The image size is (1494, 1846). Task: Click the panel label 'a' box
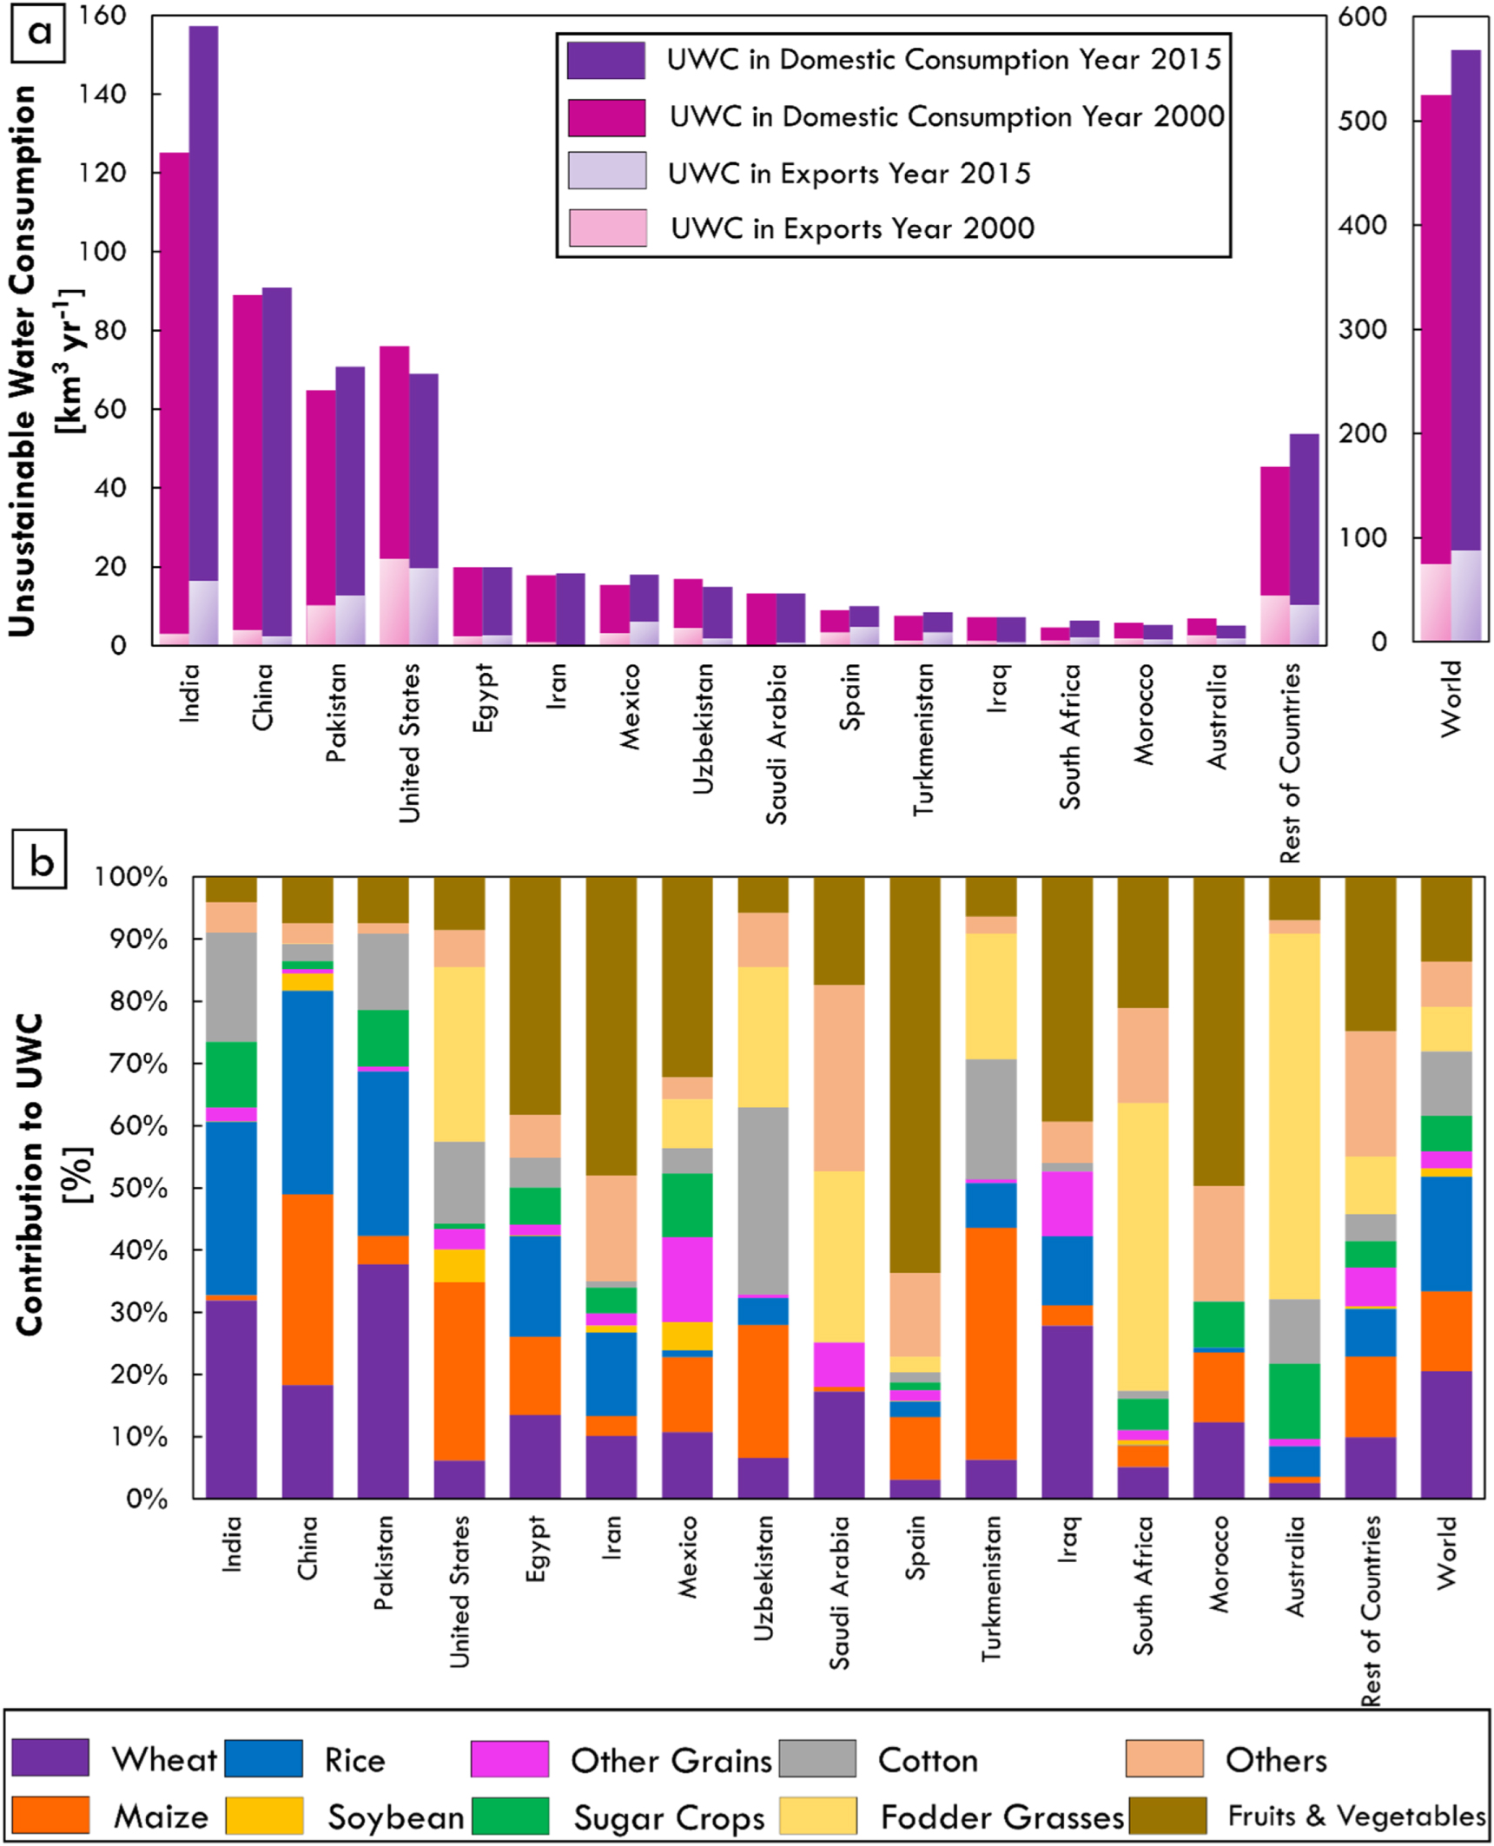(38, 33)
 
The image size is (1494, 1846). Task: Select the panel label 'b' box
(40, 860)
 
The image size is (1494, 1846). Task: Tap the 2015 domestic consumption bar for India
(203, 304)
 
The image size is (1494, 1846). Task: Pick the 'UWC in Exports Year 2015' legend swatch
(607, 171)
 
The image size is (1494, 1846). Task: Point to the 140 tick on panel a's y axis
(102, 94)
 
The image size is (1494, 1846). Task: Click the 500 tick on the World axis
(1363, 121)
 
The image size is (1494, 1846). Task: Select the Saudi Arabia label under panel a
(777, 743)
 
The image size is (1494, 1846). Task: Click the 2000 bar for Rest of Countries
(1275, 530)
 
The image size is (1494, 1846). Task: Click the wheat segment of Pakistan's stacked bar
(383, 1381)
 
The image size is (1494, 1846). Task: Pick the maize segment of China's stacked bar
(307, 1289)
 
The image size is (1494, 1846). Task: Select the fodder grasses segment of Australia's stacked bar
(1294, 1115)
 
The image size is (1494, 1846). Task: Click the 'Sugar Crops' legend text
(669, 1816)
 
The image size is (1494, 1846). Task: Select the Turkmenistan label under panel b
(991, 1588)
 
